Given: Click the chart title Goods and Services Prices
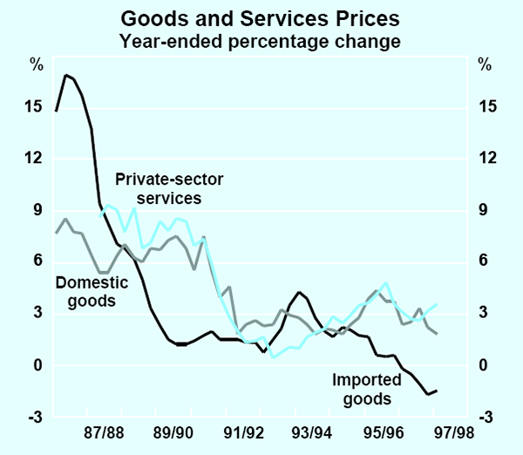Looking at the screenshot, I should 261,17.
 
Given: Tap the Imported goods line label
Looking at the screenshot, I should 363,390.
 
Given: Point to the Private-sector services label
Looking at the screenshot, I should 158,189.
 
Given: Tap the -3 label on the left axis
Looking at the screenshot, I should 34,417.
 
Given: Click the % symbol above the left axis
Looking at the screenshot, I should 36,64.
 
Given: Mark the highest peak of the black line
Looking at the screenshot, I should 65,75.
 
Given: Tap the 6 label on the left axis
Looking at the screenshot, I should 37,261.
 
